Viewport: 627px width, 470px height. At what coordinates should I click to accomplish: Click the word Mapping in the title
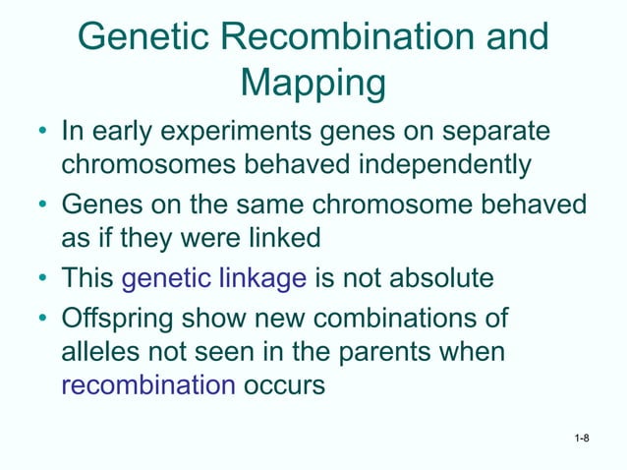pos(313,84)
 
